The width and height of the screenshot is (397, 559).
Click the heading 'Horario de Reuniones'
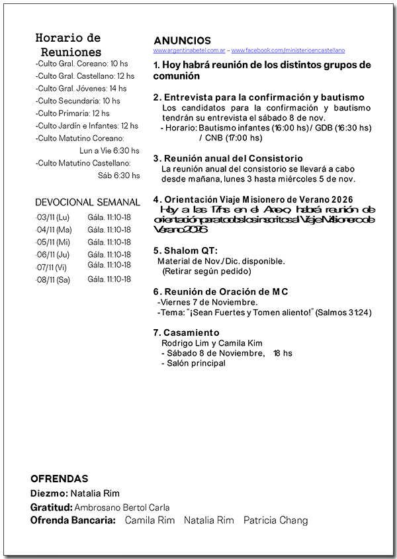pos(68,45)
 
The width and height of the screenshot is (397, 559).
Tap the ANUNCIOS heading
pos(182,41)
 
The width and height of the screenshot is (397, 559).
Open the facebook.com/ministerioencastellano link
pos(287,50)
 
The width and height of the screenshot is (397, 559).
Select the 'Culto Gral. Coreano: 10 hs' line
pos(81,64)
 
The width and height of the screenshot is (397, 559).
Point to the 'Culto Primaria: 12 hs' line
pos(73,113)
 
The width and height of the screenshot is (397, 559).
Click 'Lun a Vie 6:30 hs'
pos(109,150)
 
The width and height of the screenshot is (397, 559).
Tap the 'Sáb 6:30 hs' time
pos(118,176)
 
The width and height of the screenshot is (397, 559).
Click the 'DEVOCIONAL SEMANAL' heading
pos(87,203)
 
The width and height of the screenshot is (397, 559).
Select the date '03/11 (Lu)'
pos(53,217)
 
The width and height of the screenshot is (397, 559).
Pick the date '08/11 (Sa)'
pos(54,280)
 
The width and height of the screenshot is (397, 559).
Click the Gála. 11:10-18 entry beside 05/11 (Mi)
pos(109,242)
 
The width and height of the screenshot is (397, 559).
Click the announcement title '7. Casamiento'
pos(186,332)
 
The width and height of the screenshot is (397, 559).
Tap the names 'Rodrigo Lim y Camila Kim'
pos(212,343)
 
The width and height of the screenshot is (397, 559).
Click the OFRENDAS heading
pos(59,479)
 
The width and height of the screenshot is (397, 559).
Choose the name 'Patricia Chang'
pos(275,521)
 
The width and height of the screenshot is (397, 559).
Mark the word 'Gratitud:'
pos(51,507)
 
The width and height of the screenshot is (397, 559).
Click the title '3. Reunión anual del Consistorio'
pos(228,159)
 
